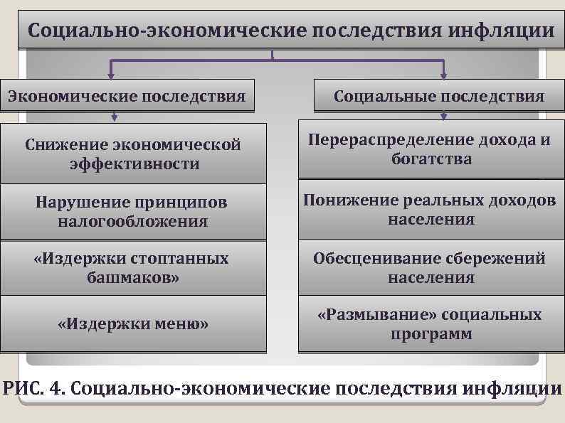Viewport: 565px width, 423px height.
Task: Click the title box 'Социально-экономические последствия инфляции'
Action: tap(290, 31)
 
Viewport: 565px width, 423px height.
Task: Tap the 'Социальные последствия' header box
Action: tap(439, 96)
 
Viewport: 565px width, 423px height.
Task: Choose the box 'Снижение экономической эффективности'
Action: tap(133, 154)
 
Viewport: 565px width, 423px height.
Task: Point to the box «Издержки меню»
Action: tap(133, 324)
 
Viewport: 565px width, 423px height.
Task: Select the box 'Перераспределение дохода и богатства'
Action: tap(431, 149)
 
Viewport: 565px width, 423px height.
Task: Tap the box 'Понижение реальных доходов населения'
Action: tap(431, 210)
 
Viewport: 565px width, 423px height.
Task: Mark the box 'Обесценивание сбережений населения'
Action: tap(431, 267)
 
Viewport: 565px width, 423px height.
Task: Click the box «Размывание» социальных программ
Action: tap(431, 323)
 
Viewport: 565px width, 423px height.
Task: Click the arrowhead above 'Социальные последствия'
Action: tap(443, 74)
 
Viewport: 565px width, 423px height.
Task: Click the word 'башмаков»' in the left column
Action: tap(133, 277)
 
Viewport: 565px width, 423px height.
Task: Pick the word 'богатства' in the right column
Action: tap(431, 159)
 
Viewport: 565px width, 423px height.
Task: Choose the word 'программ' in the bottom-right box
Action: tap(431, 333)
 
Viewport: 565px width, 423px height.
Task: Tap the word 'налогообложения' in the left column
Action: tap(133, 221)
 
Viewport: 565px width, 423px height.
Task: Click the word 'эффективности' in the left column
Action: tap(133, 164)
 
